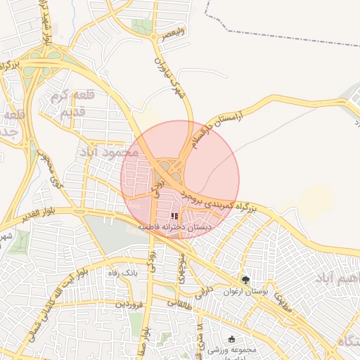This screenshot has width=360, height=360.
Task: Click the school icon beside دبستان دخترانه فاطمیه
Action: point(174,217)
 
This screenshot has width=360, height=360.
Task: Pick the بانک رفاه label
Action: point(120,272)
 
